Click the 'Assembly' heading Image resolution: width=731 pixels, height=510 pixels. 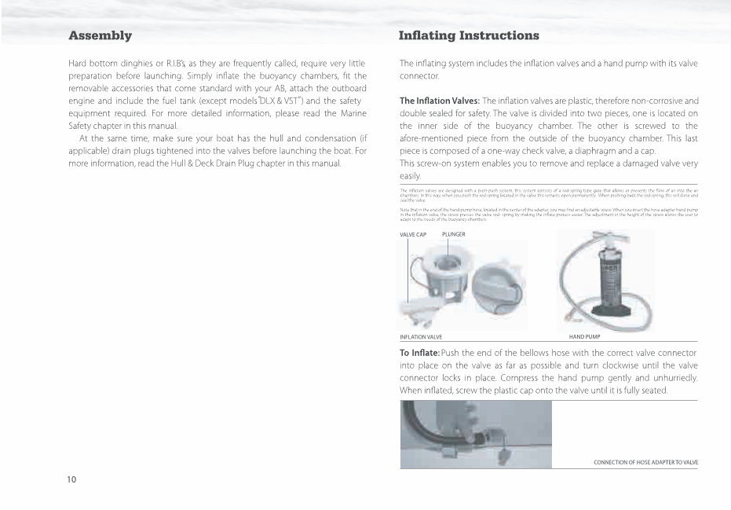point(100,36)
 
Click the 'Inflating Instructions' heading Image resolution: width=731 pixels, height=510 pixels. point(469,36)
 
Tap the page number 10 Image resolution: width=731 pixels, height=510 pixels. point(71,479)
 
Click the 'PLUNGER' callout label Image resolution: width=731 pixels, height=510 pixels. point(454,234)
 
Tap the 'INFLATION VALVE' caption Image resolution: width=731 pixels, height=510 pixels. point(421,336)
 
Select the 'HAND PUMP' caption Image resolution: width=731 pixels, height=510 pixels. point(584,336)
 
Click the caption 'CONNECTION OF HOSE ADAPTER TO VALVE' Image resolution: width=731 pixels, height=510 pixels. point(645,463)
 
